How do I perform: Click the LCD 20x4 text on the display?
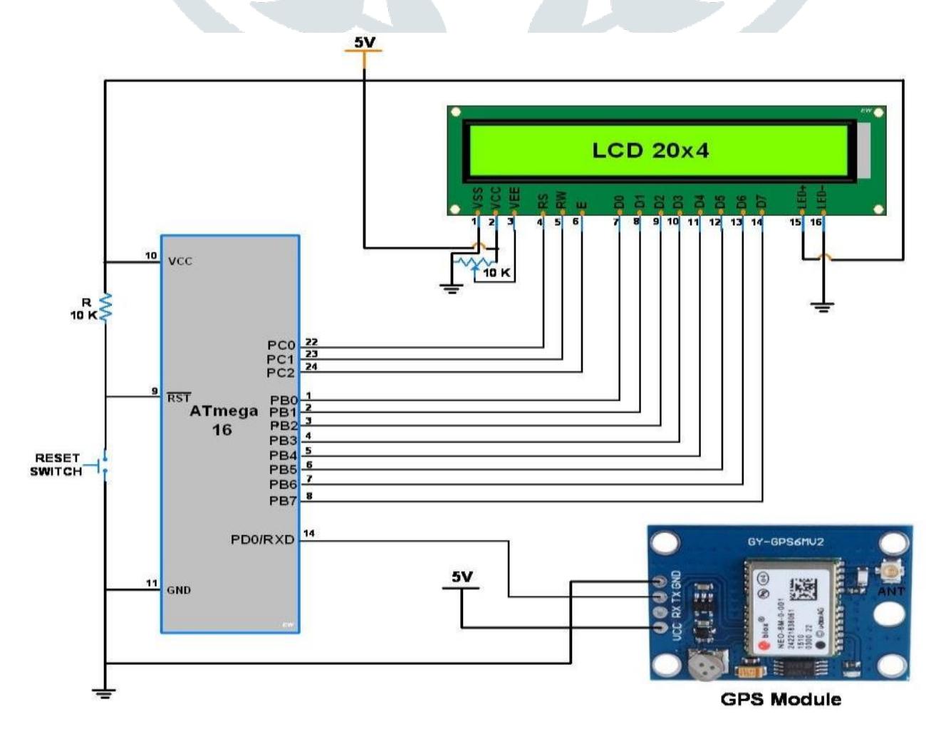(x=650, y=150)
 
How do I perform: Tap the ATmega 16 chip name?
(x=223, y=420)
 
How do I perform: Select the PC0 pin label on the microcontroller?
(x=281, y=346)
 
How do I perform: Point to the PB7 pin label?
(x=283, y=501)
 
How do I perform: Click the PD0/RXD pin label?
(x=262, y=539)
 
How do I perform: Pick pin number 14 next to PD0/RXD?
(x=309, y=533)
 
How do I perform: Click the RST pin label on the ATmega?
(x=179, y=398)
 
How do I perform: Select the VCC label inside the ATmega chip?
(x=180, y=262)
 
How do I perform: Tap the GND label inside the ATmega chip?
(x=179, y=590)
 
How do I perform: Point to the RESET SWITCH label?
(x=56, y=465)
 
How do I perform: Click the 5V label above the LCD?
(x=364, y=43)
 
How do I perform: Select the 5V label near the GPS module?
(x=462, y=577)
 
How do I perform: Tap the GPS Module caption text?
(x=781, y=699)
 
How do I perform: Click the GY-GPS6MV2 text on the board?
(x=785, y=542)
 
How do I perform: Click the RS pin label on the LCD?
(x=543, y=202)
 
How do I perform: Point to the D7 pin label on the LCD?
(x=761, y=202)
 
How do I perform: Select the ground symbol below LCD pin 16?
(x=823, y=307)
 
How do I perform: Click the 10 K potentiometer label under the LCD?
(x=496, y=273)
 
